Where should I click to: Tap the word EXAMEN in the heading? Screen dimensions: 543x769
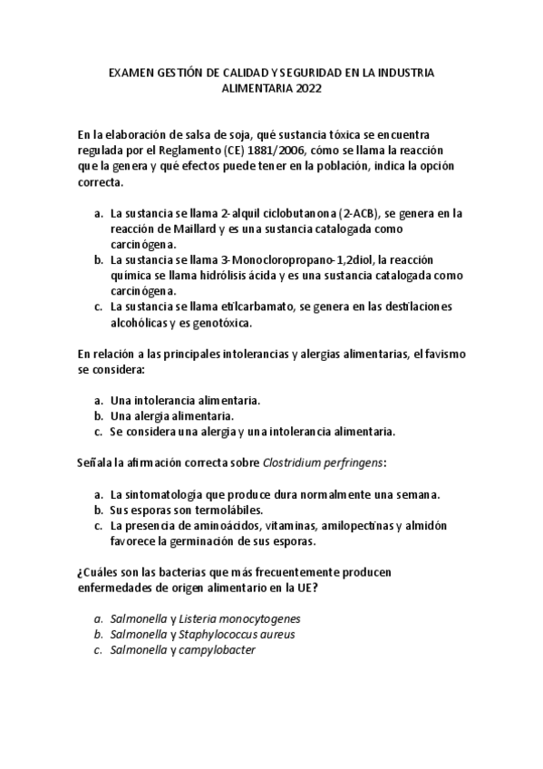point(131,72)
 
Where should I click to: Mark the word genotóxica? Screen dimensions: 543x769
point(219,322)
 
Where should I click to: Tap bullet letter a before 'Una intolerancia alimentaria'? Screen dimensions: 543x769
point(98,400)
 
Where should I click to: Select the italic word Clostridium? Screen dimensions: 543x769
point(295,462)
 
